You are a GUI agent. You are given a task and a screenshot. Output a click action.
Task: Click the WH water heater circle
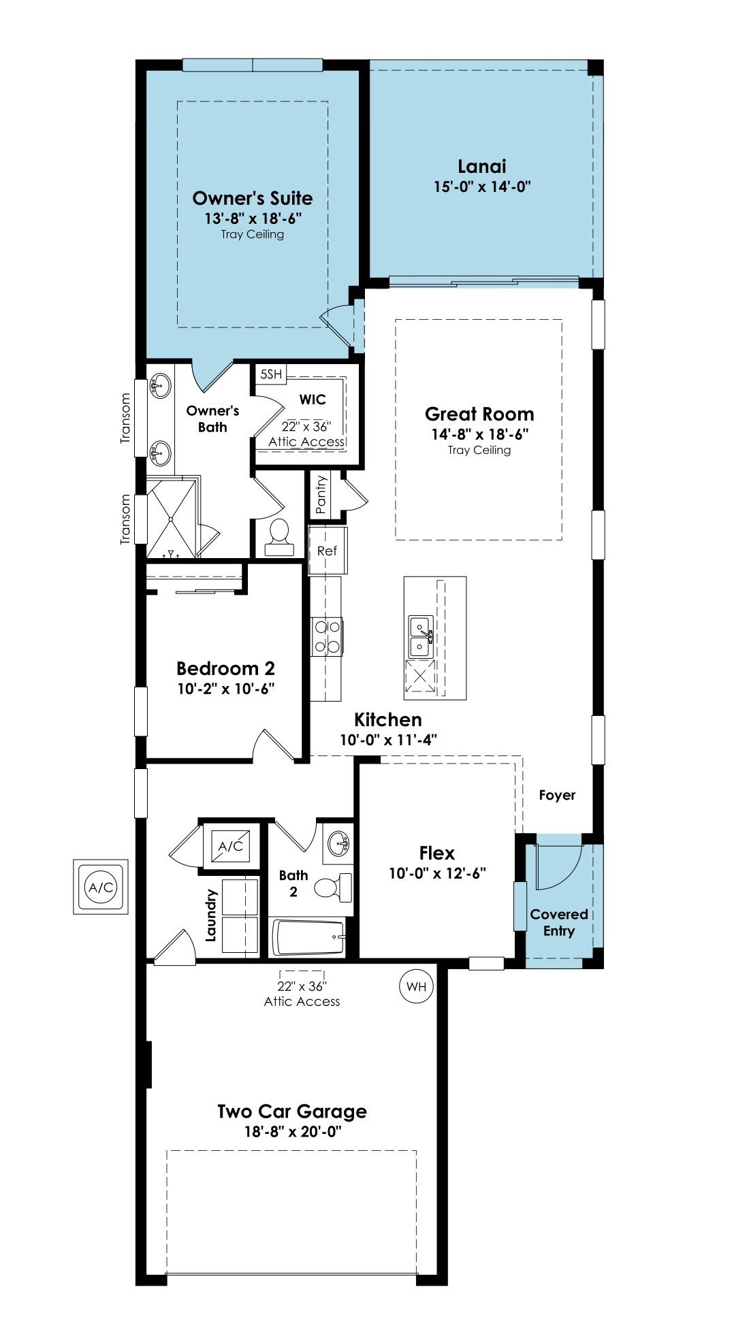[x=417, y=986]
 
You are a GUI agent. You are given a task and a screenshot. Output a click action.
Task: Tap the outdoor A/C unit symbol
[x=101, y=887]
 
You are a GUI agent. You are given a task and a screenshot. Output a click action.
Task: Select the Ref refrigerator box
[x=328, y=551]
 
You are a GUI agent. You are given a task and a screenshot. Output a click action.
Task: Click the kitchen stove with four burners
[x=327, y=636]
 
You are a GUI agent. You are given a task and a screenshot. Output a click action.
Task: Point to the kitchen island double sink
[x=421, y=636]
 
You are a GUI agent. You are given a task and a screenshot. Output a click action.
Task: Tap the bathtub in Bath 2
[x=308, y=938]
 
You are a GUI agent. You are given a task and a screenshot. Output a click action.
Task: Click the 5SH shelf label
[x=271, y=374]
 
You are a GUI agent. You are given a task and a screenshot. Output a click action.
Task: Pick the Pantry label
[x=321, y=495]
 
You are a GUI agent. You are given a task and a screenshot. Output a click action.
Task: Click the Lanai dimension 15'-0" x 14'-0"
[x=482, y=186]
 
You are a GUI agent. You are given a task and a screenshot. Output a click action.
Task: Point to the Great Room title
[x=479, y=414]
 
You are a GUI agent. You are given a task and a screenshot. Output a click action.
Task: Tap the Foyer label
[x=557, y=795]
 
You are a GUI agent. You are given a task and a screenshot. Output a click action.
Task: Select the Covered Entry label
[x=559, y=923]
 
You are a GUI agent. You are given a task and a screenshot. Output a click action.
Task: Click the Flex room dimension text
[x=437, y=873]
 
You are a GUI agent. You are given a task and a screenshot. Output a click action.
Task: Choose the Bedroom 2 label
[x=226, y=668]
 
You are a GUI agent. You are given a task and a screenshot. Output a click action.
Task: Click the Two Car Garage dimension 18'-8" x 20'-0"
[x=293, y=1132]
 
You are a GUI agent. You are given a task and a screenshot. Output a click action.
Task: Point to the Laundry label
[x=211, y=915]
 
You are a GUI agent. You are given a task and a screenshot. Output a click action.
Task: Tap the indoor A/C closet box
[x=231, y=846]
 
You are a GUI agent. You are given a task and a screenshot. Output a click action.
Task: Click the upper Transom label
[x=125, y=419]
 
